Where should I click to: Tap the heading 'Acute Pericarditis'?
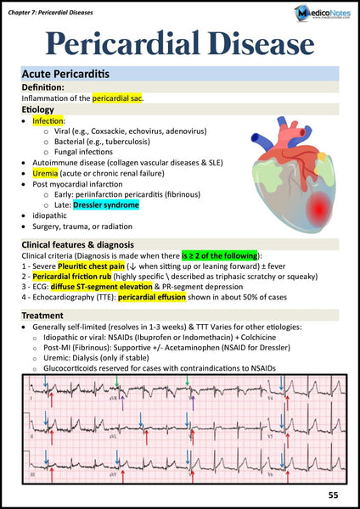click(65, 74)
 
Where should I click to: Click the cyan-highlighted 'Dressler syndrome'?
click(106, 204)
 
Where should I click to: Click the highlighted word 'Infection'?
click(48, 121)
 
